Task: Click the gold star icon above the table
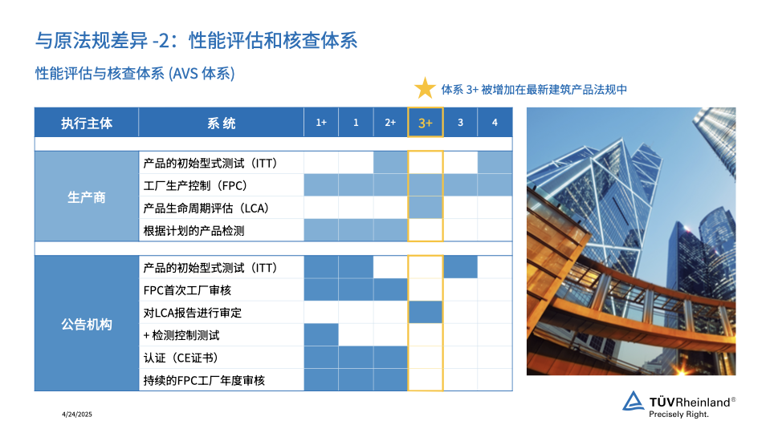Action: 425,88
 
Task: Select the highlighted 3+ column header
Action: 426,123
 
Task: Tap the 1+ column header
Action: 321,123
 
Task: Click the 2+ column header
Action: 390,123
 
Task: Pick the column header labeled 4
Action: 495,123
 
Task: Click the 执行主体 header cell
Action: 87,123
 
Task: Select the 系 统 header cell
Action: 221,123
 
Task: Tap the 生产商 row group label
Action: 87,196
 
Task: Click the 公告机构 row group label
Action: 87,324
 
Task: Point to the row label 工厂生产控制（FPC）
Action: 195,186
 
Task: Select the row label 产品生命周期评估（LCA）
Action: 206,208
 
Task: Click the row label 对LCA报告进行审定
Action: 193,313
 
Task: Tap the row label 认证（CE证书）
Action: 181,358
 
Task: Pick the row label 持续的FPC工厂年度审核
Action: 204,381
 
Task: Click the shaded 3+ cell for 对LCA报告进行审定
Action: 426,313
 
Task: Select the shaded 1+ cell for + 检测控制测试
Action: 321,335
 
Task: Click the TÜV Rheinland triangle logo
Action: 634,401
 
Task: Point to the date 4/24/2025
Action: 77,415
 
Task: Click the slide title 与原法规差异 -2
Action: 104,40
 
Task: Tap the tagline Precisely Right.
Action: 678,415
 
